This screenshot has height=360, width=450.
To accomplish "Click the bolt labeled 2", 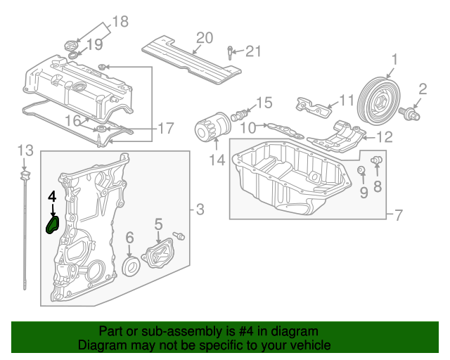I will pos(409,111).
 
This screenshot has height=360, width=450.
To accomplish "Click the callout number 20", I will pos(204,38).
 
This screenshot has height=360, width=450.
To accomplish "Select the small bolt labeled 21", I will pos(230,51).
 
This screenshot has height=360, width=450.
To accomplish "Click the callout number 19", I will pos(94,44).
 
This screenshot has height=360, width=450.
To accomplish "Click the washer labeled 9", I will pos(361,171).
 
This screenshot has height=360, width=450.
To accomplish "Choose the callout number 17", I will pos(165,129).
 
